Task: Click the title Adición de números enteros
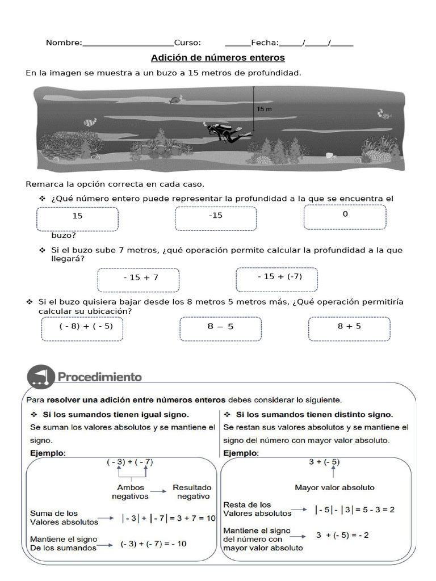coord(217,58)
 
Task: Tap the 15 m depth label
coord(264,108)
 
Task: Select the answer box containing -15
coord(216,218)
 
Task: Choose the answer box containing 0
coord(345,217)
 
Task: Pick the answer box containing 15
coord(78,219)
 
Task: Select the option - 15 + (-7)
coord(277,279)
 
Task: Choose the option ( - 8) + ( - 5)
coord(82,329)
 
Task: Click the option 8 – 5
coord(221,329)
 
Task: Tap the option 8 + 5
coord(349,329)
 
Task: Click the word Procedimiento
coord(99,376)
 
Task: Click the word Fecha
coord(265,43)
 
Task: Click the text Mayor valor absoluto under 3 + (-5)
coord(334,487)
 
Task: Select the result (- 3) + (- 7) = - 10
coord(153,544)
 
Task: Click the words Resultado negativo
coord(192,491)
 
